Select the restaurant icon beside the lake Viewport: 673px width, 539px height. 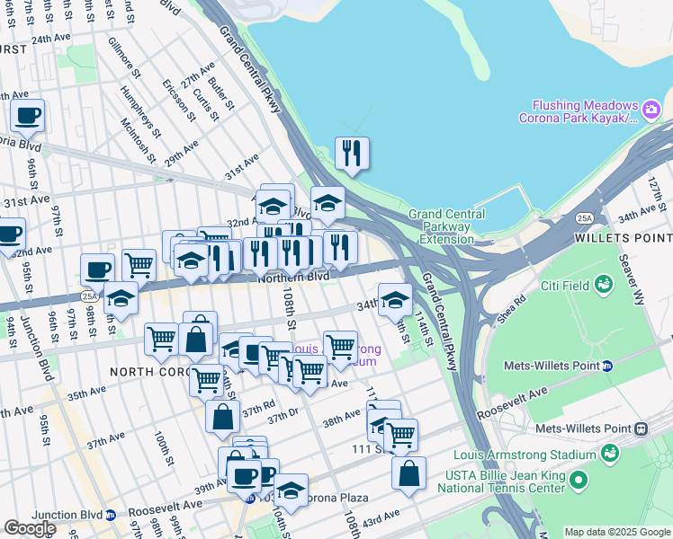pos(352,153)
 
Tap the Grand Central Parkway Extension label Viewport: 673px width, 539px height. pos(446,226)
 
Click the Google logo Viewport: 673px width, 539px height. pos(30,528)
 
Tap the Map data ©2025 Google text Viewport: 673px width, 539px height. pos(616,532)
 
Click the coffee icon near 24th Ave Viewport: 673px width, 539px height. pos(27,115)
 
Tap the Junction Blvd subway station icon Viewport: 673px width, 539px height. pos(111,515)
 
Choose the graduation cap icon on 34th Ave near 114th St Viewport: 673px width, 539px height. pos(394,300)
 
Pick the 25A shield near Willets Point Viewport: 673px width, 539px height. pos(586,218)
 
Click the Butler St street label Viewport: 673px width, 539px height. pos(221,93)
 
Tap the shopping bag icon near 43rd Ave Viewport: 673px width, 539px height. pos(408,473)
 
